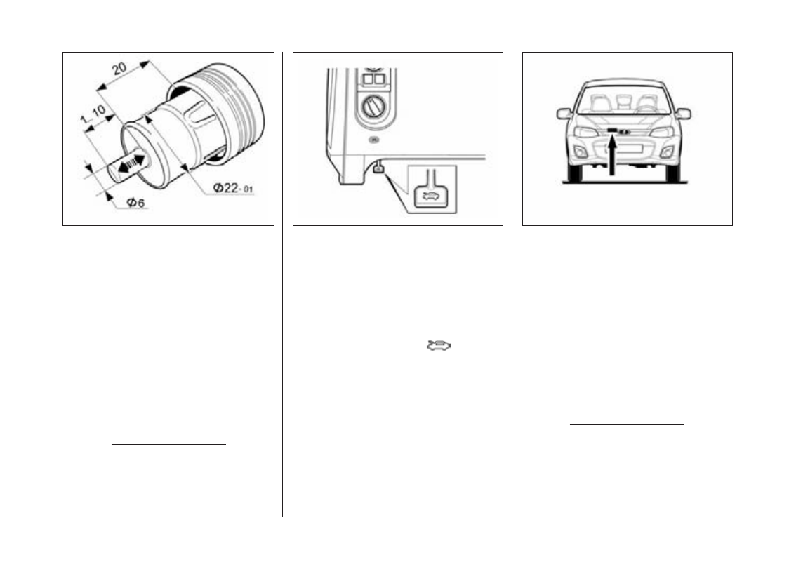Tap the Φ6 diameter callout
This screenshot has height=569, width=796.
136,203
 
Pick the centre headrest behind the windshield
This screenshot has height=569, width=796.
623,102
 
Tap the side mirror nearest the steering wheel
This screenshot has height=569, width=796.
683,114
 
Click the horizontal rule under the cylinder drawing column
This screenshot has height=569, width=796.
168,443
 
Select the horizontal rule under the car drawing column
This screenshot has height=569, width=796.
626,424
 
